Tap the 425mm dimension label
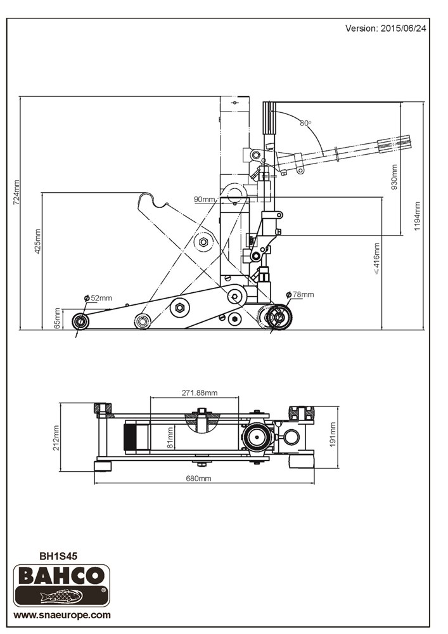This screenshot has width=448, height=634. point(37,241)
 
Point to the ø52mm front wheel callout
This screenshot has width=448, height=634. point(98,298)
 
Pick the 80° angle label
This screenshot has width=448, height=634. point(305,123)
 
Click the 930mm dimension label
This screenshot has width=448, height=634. point(394,178)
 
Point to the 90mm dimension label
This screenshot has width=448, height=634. point(205,199)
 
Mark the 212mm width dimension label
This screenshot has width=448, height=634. point(56,437)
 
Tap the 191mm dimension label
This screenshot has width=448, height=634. point(333,434)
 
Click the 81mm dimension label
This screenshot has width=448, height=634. point(170,437)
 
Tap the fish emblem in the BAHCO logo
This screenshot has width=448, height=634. point(61,596)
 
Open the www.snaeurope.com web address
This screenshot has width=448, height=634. point(62,615)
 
